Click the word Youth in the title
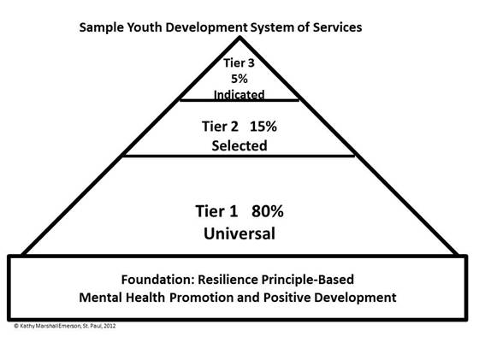pyautogui.click(x=145, y=27)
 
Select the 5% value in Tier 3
pyautogui.click(x=239, y=79)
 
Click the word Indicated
pyautogui.click(x=239, y=94)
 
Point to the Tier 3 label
pyautogui.click(x=239, y=63)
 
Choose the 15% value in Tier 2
pyautogui.click(x=263, y=127)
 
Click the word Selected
pyautogui.click(x=239, y=145)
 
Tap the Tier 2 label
pyautogui.click(x=220, y=127)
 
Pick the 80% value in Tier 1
pyautogui.click(x=268, y=211)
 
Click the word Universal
pyautogui.click(x=239, y=233)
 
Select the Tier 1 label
pyautogui.click(x=216, y=211)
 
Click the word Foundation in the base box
pyautogui.click(x=158, y=280)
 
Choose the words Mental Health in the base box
pyautogui.click(x=121, y=298)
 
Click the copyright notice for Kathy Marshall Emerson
pyautogui.click(x=65, y=326)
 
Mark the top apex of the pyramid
pyautogui.click(x=239, y=37)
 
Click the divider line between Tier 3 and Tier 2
pyautogui.click(x=239, y=100)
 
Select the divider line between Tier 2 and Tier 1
pyautogui.click(x=239, y=156)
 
